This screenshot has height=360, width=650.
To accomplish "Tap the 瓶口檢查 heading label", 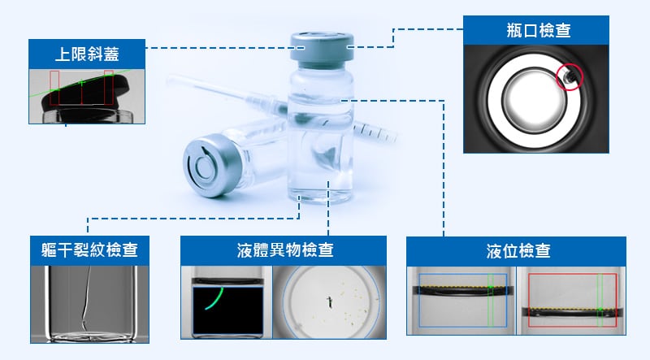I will [x=536, y=31].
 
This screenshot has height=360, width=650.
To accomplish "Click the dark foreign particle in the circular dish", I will [x=328, y=303].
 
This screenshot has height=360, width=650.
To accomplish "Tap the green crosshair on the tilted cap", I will [x=81, y=83].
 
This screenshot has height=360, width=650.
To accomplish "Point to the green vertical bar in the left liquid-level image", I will [x=491, y=299].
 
